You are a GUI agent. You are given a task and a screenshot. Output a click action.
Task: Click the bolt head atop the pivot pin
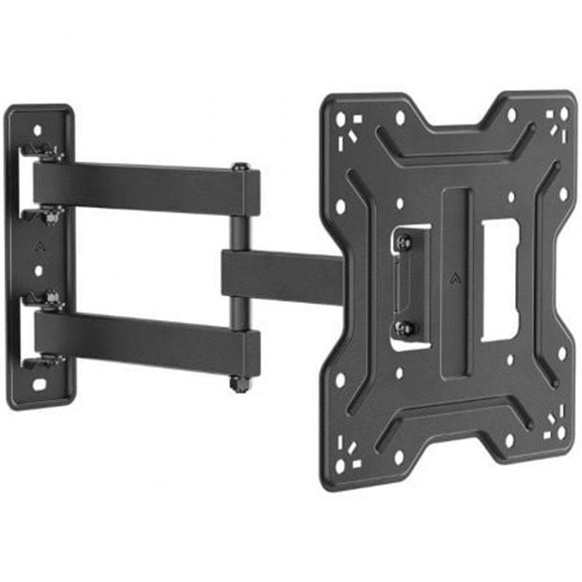[x=241, y=167]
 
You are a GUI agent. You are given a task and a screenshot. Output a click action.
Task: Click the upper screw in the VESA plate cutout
[x=404, y=242]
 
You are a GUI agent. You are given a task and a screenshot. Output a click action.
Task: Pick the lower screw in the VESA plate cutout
[x=404, y=327]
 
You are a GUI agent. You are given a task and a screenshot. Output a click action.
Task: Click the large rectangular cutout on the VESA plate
[x=500, y=279]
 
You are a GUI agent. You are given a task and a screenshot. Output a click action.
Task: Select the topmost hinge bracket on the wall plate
[x=41, y=151]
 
